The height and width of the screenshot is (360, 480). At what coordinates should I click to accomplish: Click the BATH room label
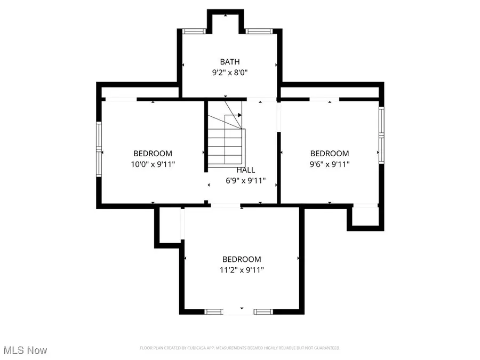(x=229, y=61)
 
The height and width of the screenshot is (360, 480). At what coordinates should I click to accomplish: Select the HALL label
(x=245, y=170)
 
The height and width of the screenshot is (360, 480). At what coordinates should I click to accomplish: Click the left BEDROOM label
(x=153, y=154)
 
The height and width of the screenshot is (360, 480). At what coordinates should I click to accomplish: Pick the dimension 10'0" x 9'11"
(x=153, y=164)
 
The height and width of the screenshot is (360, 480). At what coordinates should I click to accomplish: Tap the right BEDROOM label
(x=330, y=154)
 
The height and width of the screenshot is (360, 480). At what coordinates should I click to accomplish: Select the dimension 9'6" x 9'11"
(x=330, y=164)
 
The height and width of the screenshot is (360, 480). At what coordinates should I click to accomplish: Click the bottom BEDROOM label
(x=242, y=259)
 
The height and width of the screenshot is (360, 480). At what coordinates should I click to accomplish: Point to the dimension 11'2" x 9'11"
(x=242, y=270)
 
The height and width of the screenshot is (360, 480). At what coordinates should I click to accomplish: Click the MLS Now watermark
(x=25, y=350)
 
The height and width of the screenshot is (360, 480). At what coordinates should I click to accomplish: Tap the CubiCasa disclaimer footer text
(x=240, y=348)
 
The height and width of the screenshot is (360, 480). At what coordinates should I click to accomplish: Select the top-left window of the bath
(x=194, y=31)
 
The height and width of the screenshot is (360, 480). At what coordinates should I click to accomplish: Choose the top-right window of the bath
(x=259, y=31)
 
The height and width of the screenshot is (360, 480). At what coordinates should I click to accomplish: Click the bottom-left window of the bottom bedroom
(x=214, y=311)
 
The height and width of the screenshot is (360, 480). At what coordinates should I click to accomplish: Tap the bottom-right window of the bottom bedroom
(x=263, y=311)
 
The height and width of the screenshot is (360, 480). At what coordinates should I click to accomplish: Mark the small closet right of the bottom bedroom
(x=365, y=217)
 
